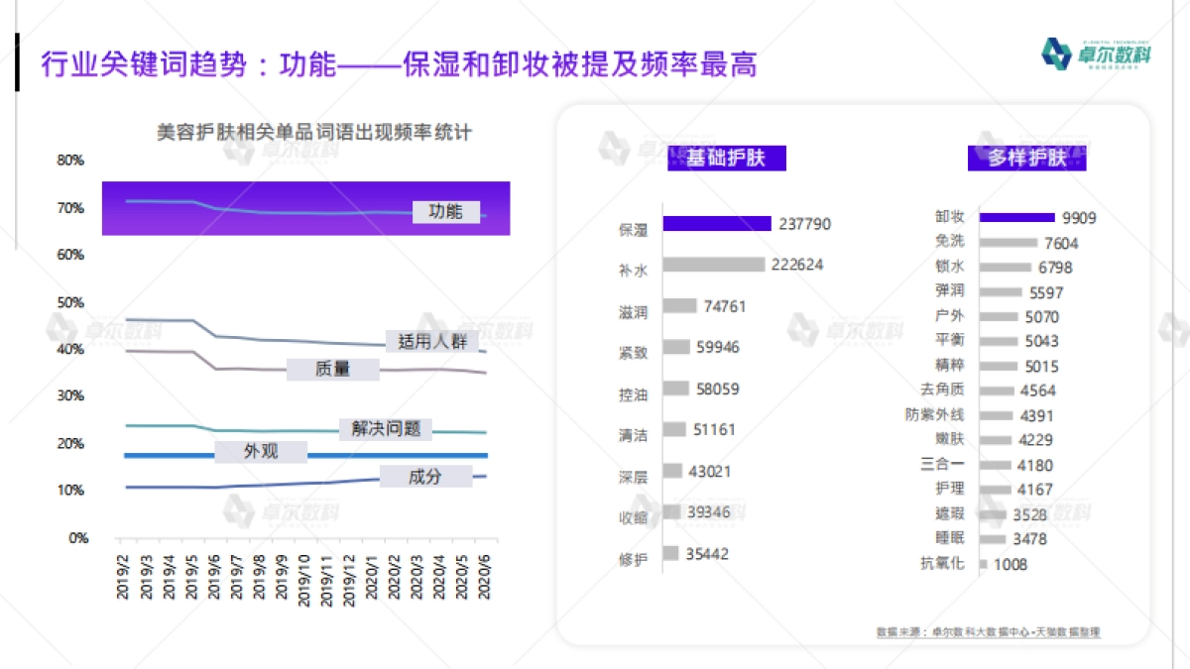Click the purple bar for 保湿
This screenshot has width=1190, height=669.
pos(716,224)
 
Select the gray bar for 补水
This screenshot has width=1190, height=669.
pos(713,265)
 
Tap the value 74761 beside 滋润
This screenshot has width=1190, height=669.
pos(725,306)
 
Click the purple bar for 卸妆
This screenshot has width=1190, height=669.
pos(1016,217)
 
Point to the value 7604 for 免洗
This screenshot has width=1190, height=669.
pos(1060,243)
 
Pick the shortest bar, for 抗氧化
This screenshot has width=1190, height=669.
pos(983,564)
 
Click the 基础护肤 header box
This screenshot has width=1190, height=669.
pos(725,158)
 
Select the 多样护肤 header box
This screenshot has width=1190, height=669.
pos(1026,158)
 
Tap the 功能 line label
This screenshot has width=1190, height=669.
pos(445,211)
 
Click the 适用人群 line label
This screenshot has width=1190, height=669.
pos(431,342)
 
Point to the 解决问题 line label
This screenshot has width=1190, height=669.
pos(386,428)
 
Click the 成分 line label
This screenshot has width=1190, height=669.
pos(424,477)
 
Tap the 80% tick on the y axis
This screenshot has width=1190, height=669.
pos(70,161)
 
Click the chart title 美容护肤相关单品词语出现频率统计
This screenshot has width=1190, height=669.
pos(313,132)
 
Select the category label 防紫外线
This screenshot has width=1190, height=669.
pos(934,415)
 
